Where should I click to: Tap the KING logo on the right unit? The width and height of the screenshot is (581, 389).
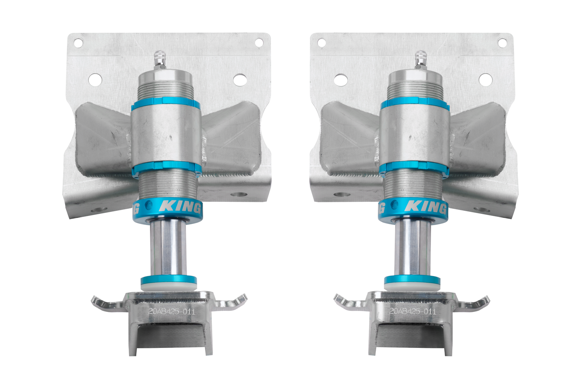pyautogui.click(x=425, y=207)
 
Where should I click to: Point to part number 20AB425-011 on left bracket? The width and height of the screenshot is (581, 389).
pyautogui.click(x=172, y=311)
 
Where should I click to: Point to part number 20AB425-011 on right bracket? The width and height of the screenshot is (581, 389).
pyautogui.click(x=413, y=311)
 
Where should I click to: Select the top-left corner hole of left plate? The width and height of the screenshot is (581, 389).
pyautogui.click(x=78, y=42)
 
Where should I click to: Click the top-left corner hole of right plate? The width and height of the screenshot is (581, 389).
pyautogui.click(x=321, y=42)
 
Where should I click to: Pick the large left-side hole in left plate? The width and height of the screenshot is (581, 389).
pyautogui.click(x=95, y=79)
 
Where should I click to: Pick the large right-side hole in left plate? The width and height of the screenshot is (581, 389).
pyautogui.click(x=239, y=79)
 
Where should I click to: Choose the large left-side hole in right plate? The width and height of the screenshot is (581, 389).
pyautogui.click(x=340, y=79)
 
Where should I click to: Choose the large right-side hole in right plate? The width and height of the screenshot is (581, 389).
pyautogui.click(x=485, y=79)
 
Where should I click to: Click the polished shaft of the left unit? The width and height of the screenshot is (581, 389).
pyautogui.click(x=168, y=248)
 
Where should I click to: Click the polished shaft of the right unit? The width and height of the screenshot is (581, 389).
pyautogui.click(x=413, y=248)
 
